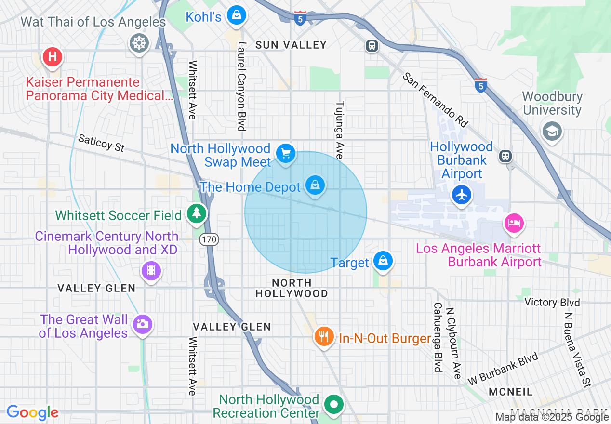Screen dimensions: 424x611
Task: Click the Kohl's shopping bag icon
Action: coord(237,15)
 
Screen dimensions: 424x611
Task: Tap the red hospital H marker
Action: coord(53,57)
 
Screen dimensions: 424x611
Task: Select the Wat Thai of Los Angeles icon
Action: coord(139,44)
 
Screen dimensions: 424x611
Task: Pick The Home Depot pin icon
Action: coord(315,185)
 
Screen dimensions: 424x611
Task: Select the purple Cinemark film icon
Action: coord(151,270)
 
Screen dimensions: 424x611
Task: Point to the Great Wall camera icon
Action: coord(142,324)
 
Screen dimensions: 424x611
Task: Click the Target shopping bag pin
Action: coord(383,261)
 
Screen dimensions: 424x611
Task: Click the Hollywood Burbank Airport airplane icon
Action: coord(462,195)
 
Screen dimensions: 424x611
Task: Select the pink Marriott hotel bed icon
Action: coord(514,223)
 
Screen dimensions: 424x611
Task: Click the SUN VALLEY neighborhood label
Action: coord(291,45)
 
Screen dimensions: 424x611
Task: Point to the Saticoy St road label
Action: coord(101,143)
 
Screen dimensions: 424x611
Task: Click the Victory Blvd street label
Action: coord(552,302)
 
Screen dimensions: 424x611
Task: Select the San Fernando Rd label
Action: coord(435,100)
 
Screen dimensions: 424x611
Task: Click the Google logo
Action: coord(32,412)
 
